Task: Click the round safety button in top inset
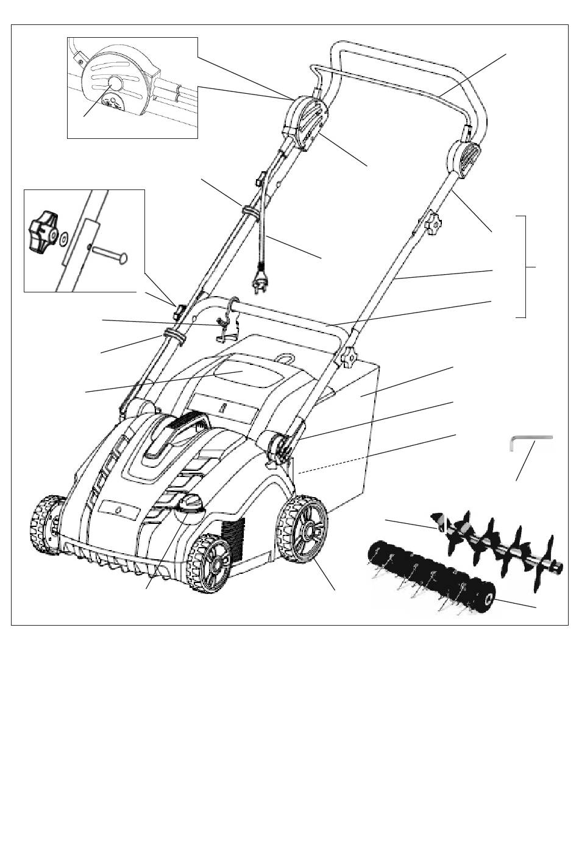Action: [115, 83]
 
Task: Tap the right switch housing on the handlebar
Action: [464, 159]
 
